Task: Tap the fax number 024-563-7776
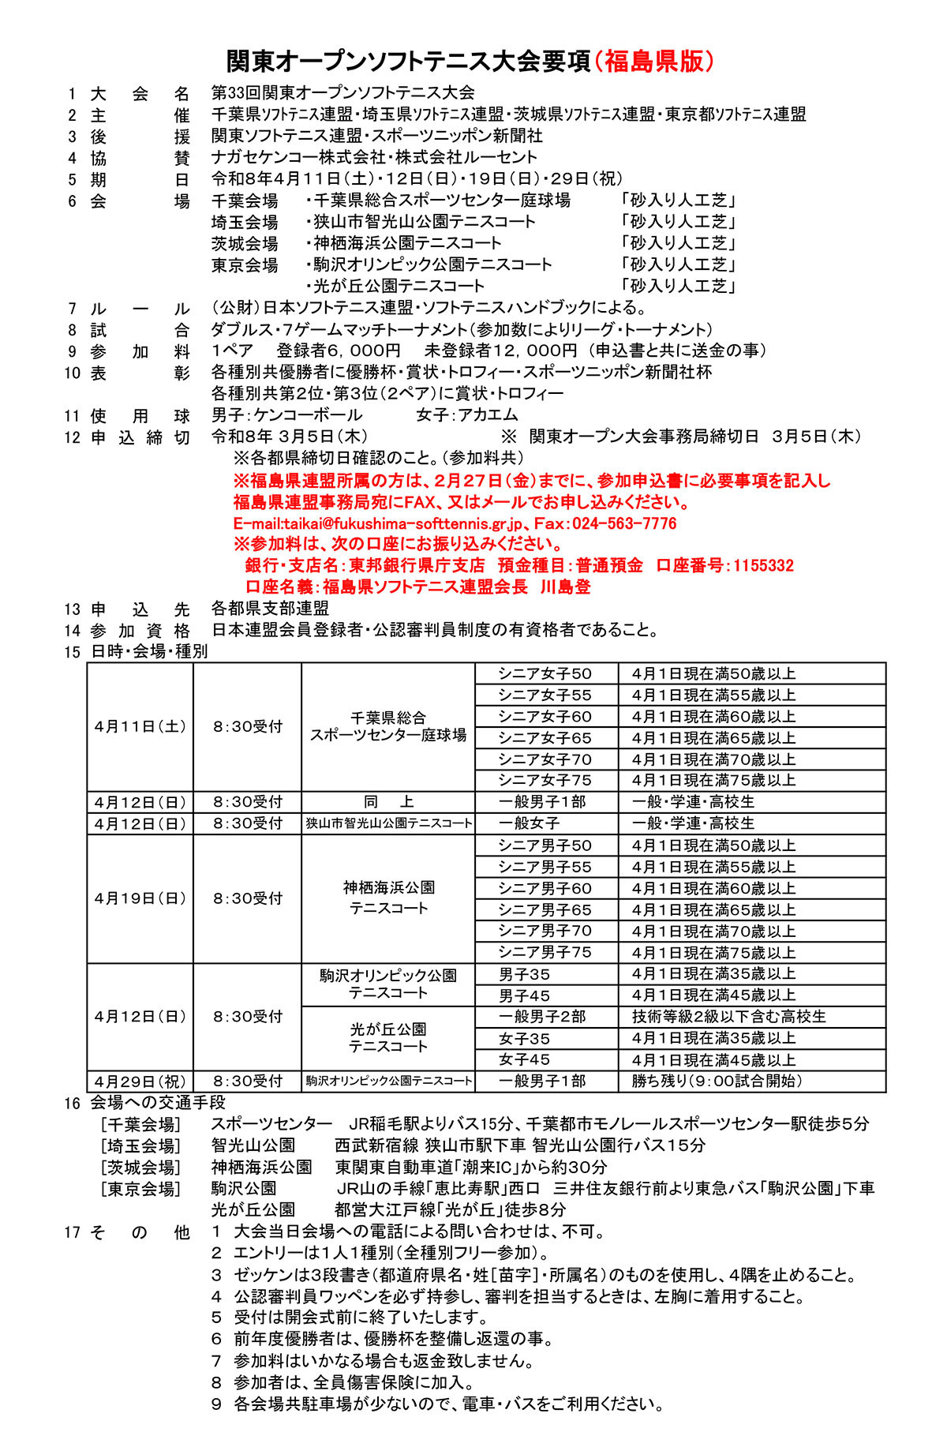click(624, 523)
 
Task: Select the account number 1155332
click(763, 565)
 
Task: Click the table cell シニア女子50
click(545, 673)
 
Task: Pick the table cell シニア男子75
click(545, 952)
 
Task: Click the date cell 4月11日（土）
click(140, 726)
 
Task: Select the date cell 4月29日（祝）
click(140, 1081)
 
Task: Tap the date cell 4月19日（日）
click(140, 898)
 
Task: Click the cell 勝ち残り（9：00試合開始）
click(717, 1081)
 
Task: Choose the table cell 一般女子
click(529, 823)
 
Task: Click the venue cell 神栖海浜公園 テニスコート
click(388, 898)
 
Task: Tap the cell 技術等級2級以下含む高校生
click(728, 1017)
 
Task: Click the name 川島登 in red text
click(565, 587)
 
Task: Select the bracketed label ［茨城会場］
click(140, 1167)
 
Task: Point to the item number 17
click(73, 1232)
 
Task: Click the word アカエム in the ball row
click(488, 414)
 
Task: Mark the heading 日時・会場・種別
click(149, 651)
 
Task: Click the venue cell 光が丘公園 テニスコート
click(388, 1038)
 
